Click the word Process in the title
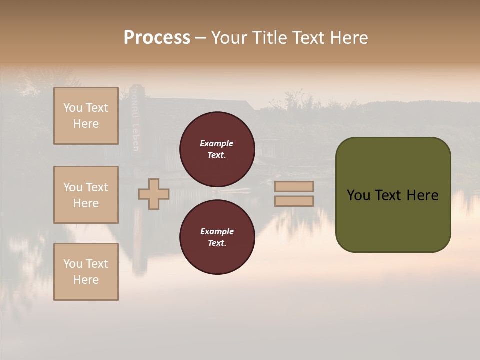[x=157, y=38]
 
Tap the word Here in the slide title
[x=348, y=38]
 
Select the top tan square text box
[x=86, y=116]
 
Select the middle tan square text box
[x=86, y=195]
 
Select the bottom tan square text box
[x=86, y=272]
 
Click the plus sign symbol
[x=154, y=194]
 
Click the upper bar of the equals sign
[x=294, y=186]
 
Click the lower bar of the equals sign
[x=294, y=201]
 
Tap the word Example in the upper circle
[x=217, y=143]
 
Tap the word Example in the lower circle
[x=217, y=231]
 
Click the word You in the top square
[x=73, y=108]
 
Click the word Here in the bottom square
[x=86, y=280]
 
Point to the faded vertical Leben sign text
[x=135, y=135]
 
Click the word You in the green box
[x=358, y=195]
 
